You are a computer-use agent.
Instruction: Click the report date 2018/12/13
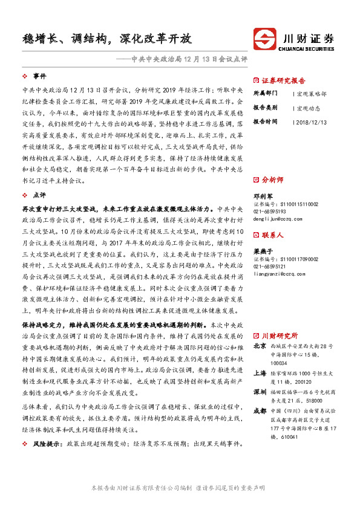[312, 122]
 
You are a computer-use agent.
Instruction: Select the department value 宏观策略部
[312, 94]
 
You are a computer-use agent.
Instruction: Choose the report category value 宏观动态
[309, 108]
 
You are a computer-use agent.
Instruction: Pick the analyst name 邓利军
[261, 196]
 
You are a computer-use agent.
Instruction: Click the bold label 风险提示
[47, 444]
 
